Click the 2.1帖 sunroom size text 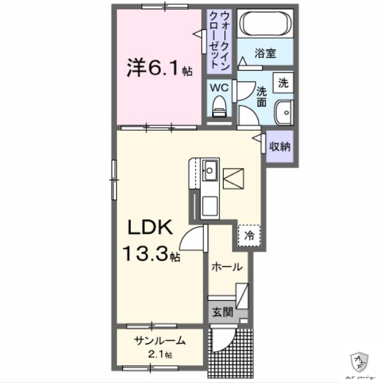coord(161,355)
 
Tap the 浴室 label coord(265,53)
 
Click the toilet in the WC coord(219,108)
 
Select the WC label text coord(219,88)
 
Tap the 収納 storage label coord(280,147)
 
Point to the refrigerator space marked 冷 coord(249,234)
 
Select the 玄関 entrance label coord(223,312)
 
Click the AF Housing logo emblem coord(359,360)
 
